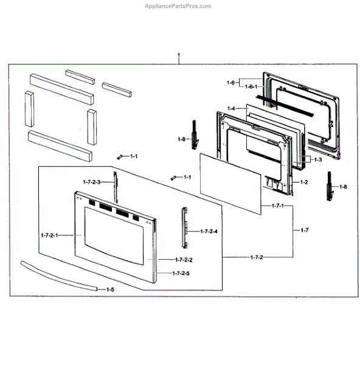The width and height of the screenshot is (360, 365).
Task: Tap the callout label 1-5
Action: tap(110, 290)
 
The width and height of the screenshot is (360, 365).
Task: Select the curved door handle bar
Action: tap(58, 275)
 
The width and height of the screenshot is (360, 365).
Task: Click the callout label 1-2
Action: tap(304, 182)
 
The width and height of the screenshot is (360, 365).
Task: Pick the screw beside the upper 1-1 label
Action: tap(120, 157)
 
